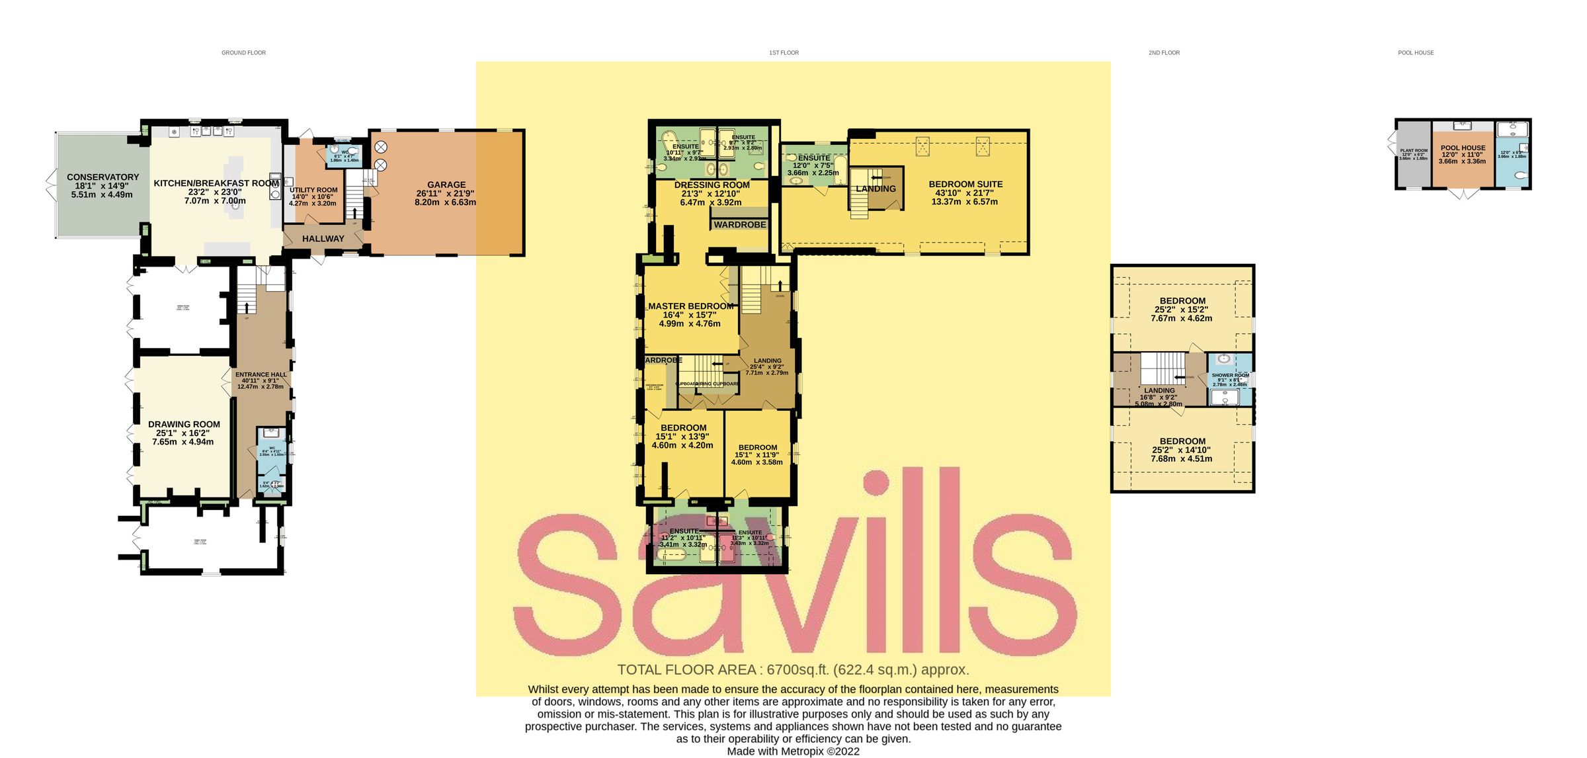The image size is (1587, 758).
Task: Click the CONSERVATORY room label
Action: coord(102,177)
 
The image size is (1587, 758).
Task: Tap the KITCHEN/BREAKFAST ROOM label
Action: coord(216,183)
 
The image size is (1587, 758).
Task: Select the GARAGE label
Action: coord(446,185)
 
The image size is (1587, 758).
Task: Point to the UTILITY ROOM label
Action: coord(313,190)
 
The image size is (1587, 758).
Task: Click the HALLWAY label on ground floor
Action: coord(323,239)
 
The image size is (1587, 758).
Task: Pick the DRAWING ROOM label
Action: coord(184,425)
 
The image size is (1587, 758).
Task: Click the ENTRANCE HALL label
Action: coord(261,374)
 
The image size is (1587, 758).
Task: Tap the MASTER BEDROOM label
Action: coord(691,306)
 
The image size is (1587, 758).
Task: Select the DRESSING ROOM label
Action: coord(712,185)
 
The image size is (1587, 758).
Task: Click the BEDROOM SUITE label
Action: coord(965,185)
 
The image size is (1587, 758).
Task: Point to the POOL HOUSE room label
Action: coord(1463,148)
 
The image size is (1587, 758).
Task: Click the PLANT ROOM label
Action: coord(1414,151)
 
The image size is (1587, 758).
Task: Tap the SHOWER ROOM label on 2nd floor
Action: coord(1230,375)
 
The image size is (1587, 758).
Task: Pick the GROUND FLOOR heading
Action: coord(243,53)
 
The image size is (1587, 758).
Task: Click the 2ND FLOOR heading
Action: coord(1164,53)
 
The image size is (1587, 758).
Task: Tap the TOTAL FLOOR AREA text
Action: coord(793,669)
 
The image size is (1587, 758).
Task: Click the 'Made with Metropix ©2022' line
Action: coord(793,751)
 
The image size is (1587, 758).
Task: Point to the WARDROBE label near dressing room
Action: coord(740,225)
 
